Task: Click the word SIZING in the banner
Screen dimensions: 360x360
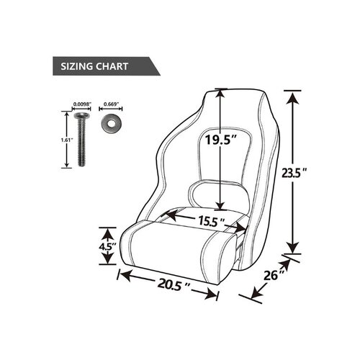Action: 77,66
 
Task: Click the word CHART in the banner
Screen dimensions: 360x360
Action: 112,66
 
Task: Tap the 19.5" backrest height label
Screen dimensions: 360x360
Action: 221,140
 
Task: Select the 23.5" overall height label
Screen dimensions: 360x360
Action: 294,173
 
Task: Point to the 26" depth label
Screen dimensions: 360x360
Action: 274,275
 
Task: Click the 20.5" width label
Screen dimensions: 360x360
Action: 174,284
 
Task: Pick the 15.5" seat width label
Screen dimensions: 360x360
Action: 211,222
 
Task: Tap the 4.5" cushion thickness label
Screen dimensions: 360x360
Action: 107,246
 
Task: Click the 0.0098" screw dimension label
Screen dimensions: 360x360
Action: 82,104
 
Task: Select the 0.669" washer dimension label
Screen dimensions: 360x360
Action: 111,104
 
